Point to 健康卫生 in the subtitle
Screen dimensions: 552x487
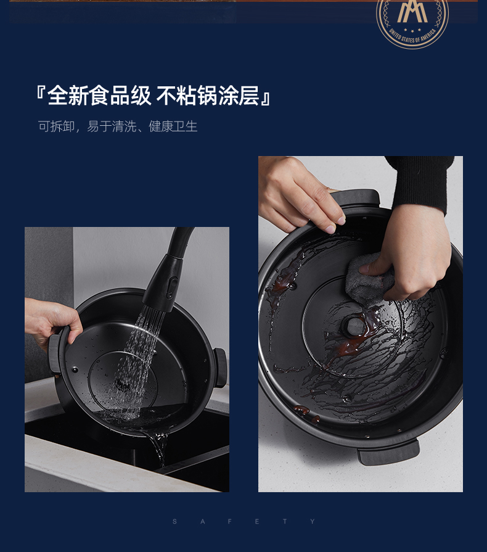tap(173, 126)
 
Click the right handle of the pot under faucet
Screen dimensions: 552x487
tap(219, 368)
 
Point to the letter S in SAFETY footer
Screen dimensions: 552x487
tap(174, 522)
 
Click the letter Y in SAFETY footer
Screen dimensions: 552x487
tap(313, 522)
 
